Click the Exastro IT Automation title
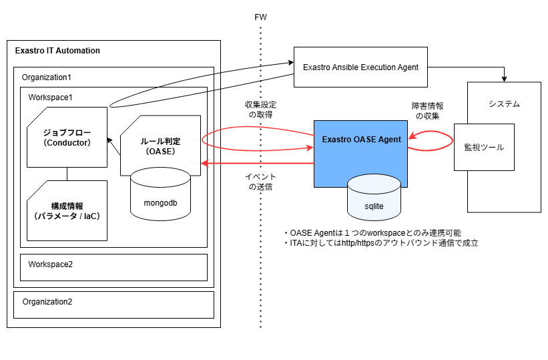click(x=57, y=51)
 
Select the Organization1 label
click(x=47, y=77)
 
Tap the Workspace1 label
click(x=50, y=98)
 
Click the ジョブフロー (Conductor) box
click(x=67, y=137)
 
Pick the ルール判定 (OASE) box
click(x=160, y=145)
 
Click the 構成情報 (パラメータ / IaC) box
click(x=67, y=210)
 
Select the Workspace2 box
click(x=113, y=267)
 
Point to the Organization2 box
click(x=113, y=305)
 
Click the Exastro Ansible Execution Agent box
click(x=360, y=67)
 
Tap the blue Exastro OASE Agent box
click(x=360, y=154)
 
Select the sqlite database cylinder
click(x=374, y=198)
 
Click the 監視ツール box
click(x=485, y=147)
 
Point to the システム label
click(x=504, y=104)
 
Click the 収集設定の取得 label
click(x=260, y=110)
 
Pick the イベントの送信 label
click(x=260, y=182)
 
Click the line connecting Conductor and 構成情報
click(x=67, y=174)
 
